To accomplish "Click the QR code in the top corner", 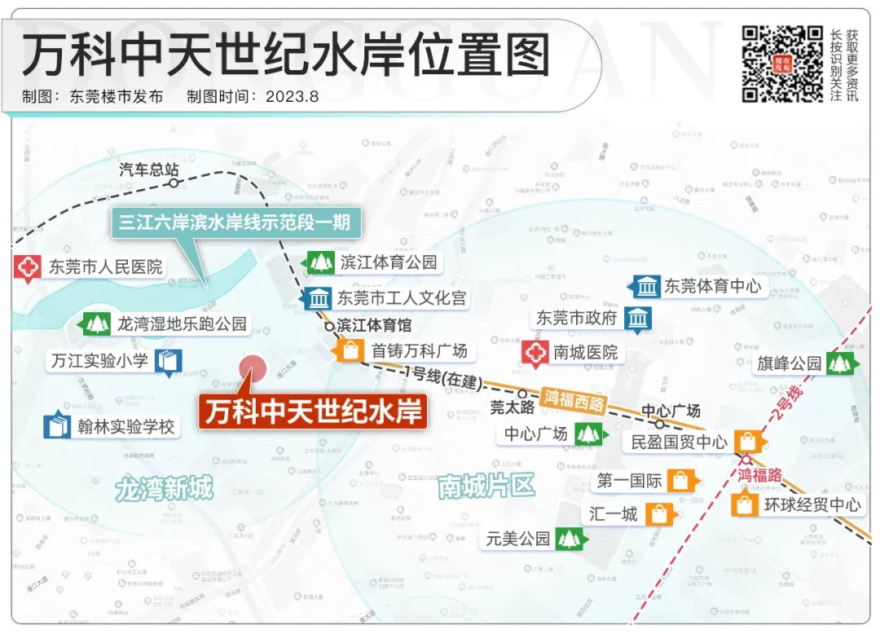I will coord(782,64).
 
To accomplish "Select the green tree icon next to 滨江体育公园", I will coord(320,262).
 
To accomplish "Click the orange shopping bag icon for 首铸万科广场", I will coord(350,351).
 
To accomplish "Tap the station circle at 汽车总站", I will coord(174,183).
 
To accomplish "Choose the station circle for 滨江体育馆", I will coord(329,325).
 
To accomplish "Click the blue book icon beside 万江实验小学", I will coord(168,361).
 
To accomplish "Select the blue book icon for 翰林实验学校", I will coord(57,426).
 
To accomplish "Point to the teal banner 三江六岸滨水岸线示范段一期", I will coord(236,222).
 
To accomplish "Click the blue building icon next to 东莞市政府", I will coord(637,319).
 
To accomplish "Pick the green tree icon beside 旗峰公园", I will coord(839,363).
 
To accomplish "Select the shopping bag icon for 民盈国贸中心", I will coord(747,442).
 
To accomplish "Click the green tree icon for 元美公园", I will coord(570,539).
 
